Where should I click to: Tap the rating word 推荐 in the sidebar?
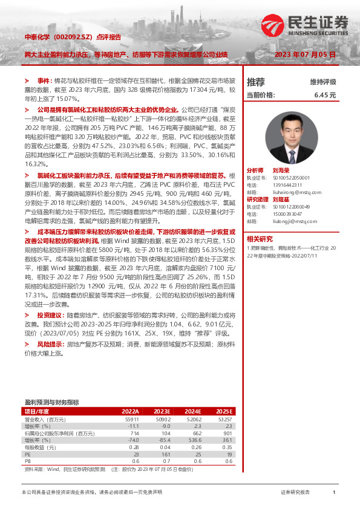pyautogui.click(x=256, y=82)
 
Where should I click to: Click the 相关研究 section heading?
pyautogui.click(x=260, y=238)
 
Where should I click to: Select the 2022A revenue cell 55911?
pyautogui.click(x=131, y=419)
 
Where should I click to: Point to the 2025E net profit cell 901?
pyautogui.click(x=227, y=433)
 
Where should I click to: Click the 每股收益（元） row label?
pyautogui.click(x=42, y=447)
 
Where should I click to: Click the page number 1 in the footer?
pyautogui.click(x=334, y=493)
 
